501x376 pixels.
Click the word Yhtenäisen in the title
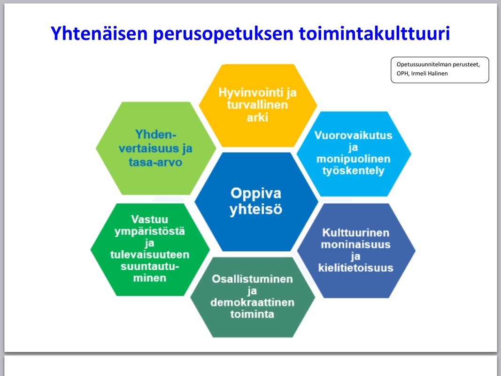pos(99,33)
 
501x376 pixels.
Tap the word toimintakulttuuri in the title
pos(374,33)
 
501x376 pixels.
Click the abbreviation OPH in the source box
pos(402,73)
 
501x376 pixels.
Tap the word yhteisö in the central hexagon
pos(255,210)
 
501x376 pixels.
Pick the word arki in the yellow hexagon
pos(257,117)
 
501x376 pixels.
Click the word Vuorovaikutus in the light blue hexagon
pos(353,135)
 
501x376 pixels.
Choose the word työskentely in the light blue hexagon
pos(353,171)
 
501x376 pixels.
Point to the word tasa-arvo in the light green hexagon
pos(155,162)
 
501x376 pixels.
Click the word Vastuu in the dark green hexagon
pos(149,219)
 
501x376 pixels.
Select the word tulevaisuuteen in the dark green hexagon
pos(149,255)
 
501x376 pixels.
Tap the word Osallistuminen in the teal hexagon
pos(252,279)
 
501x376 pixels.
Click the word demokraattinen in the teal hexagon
pos(252,303)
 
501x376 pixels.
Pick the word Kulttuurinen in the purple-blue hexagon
pos(355,233)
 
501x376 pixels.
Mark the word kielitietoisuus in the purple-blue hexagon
pos(355,268)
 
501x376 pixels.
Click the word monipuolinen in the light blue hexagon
pos(353,159)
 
